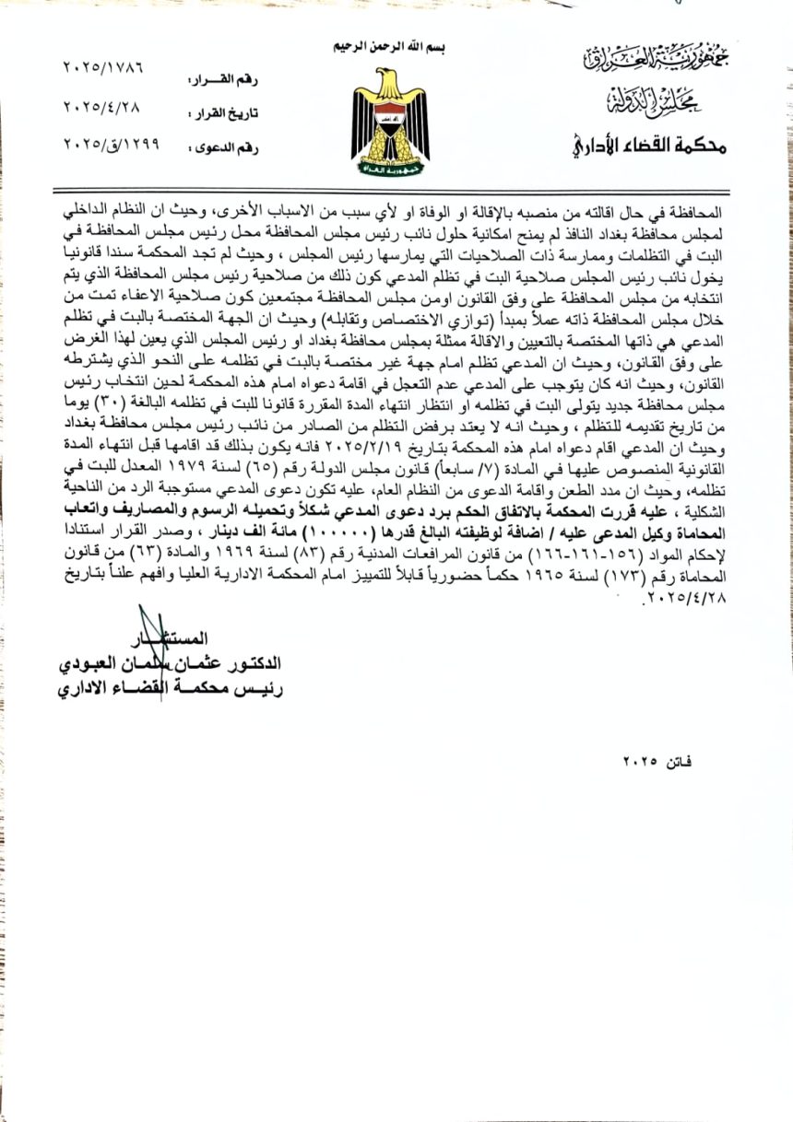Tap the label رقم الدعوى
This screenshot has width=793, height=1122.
pyautogui.click(x=222, y=146)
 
